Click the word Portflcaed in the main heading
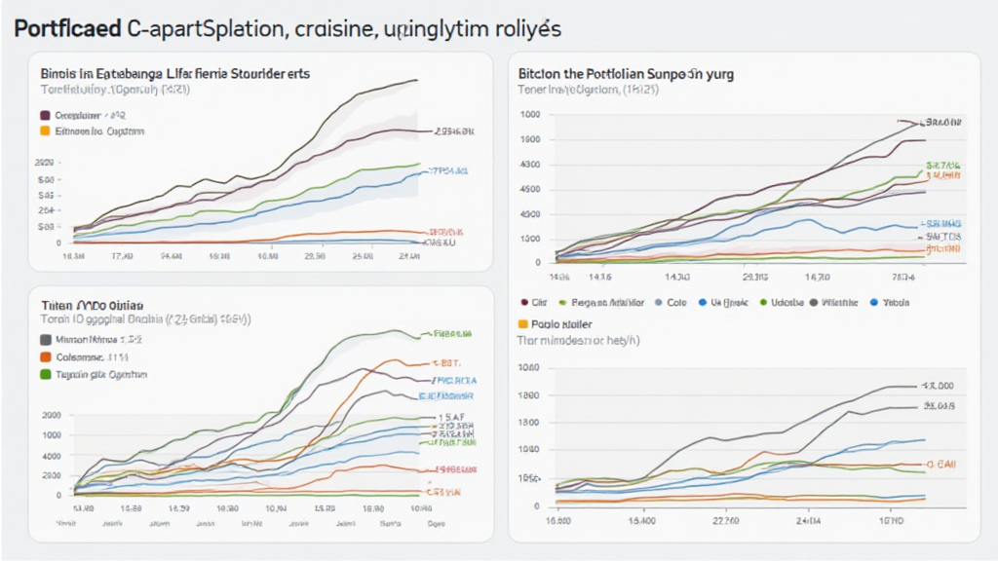[67, 29]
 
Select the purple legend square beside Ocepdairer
[45, 115]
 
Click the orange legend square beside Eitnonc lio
[45, 130]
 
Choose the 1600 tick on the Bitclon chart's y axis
[530, 139]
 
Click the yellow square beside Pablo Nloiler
[523, 323]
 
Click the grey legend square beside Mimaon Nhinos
[45, 341]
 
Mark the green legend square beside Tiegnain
[45, 373]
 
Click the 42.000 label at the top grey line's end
[939, 386]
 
